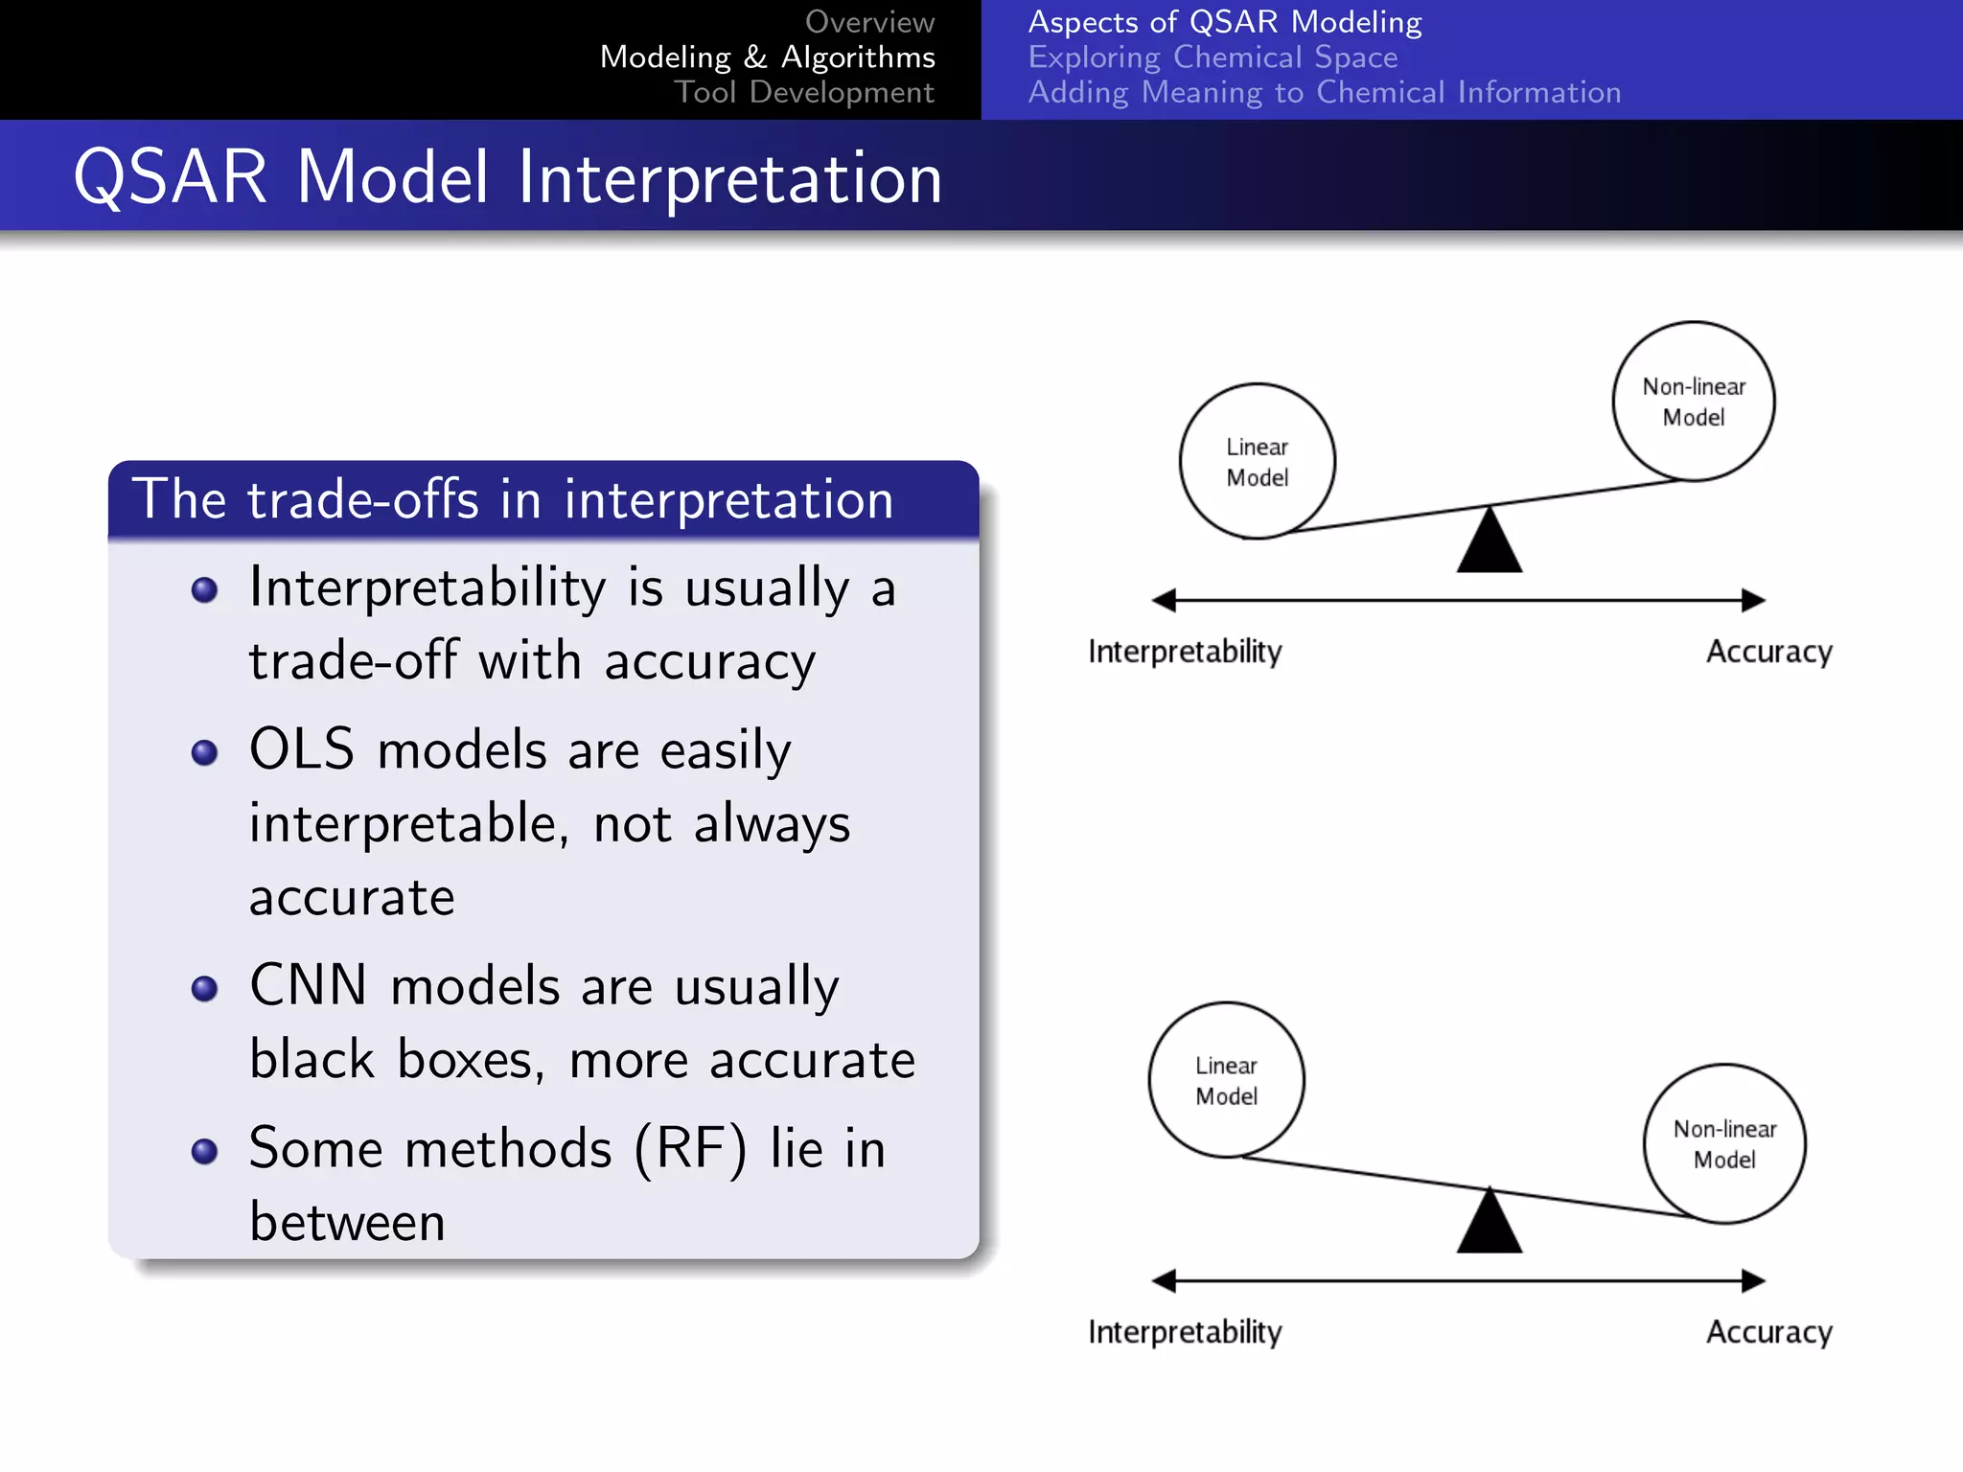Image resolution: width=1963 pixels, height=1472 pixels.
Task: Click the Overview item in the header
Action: pos(868,21)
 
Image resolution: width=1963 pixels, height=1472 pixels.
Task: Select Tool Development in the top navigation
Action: pos(803,92)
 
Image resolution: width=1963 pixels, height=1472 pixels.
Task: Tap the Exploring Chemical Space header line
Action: pos(1212,57)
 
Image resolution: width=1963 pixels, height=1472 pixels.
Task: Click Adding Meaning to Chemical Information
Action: pos(1324,92)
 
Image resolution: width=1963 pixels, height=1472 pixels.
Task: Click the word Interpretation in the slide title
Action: pos(730,178)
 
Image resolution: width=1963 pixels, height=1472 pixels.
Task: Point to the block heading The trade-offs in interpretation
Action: pos(513,499)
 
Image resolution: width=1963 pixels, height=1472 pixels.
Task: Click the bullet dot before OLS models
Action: pos(204,752)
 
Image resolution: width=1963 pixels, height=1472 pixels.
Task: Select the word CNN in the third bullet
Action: pos(309,985)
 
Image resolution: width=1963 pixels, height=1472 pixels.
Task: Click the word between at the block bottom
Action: pos(347,1222)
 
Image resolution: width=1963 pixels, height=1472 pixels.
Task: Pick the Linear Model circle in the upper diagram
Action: pos(1257,461)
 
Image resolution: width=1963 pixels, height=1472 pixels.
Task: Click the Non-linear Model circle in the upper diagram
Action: pos(1693,401)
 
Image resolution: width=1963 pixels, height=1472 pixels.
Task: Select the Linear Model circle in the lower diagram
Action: pos(1226,1080)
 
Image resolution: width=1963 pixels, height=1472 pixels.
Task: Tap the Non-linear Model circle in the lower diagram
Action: pos(1724,1143)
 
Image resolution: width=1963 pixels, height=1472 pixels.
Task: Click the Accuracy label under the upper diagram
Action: pos(1768,652)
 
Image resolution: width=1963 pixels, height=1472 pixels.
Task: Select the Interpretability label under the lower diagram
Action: pos(1185,1332)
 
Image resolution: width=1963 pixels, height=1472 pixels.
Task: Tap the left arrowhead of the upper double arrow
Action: pos(1164,601)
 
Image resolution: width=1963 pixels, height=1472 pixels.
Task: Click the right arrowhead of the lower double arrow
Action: pos(1753,1280)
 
